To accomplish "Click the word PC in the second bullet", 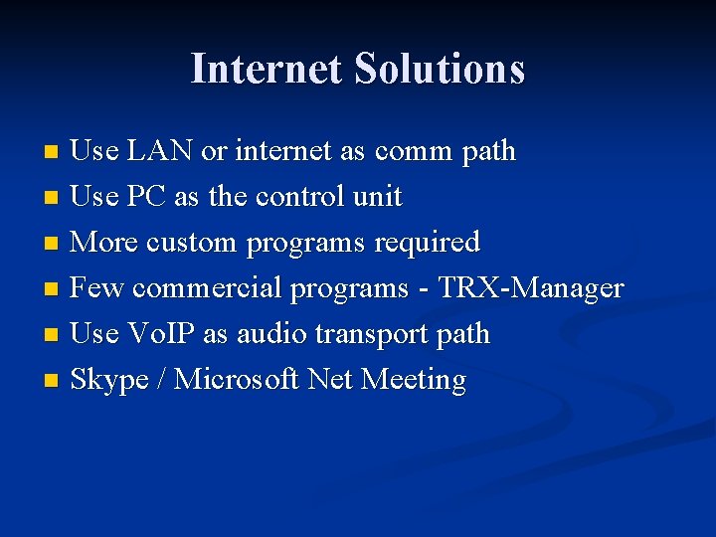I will point(146,197).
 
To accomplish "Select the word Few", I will point(97,288).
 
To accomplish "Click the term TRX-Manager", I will point(531,288).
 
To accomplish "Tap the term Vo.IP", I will point(161,334).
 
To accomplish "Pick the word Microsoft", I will point(237,380).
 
